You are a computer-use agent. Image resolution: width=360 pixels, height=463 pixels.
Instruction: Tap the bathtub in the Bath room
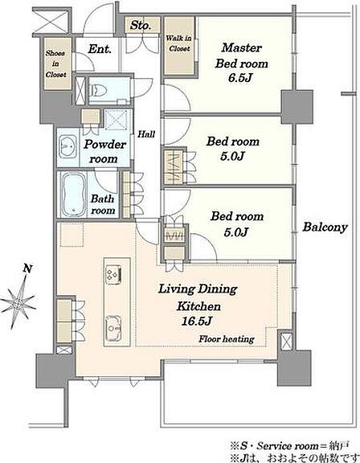point(74,195)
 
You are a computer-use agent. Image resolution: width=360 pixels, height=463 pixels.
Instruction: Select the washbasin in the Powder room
point(67,147)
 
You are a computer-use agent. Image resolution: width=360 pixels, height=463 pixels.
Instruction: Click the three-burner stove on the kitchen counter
point(113,275)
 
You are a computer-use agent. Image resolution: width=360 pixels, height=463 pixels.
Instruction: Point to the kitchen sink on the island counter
point(113,327)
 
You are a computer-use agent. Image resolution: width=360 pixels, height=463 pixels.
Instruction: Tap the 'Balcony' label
point(325,227)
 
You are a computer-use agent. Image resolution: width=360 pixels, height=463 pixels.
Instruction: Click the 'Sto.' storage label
point(141,25)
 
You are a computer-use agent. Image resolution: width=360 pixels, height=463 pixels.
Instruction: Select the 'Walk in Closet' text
point(179,43)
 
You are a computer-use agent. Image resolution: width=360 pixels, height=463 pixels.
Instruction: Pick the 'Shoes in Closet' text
point(55,64)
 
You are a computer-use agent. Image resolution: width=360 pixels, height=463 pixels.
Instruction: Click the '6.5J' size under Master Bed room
point(240,78)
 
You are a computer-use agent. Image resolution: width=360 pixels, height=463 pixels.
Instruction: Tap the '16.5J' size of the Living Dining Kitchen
point(197,321)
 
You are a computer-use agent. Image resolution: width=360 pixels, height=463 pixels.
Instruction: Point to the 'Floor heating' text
point(227,338)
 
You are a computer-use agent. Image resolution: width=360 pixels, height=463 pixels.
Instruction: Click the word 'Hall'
point(146,134)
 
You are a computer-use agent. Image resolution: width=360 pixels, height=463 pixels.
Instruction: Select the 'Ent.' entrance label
point(100,49)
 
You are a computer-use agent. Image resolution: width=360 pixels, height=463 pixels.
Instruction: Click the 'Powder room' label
point(104,151)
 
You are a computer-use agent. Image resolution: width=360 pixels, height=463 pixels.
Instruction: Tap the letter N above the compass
point(27,268)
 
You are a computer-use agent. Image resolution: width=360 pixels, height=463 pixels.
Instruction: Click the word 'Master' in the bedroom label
point(242,47)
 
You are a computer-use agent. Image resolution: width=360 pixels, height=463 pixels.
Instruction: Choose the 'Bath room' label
point(103,204)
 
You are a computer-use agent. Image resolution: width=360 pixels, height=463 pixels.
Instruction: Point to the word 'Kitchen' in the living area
point(198,306)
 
